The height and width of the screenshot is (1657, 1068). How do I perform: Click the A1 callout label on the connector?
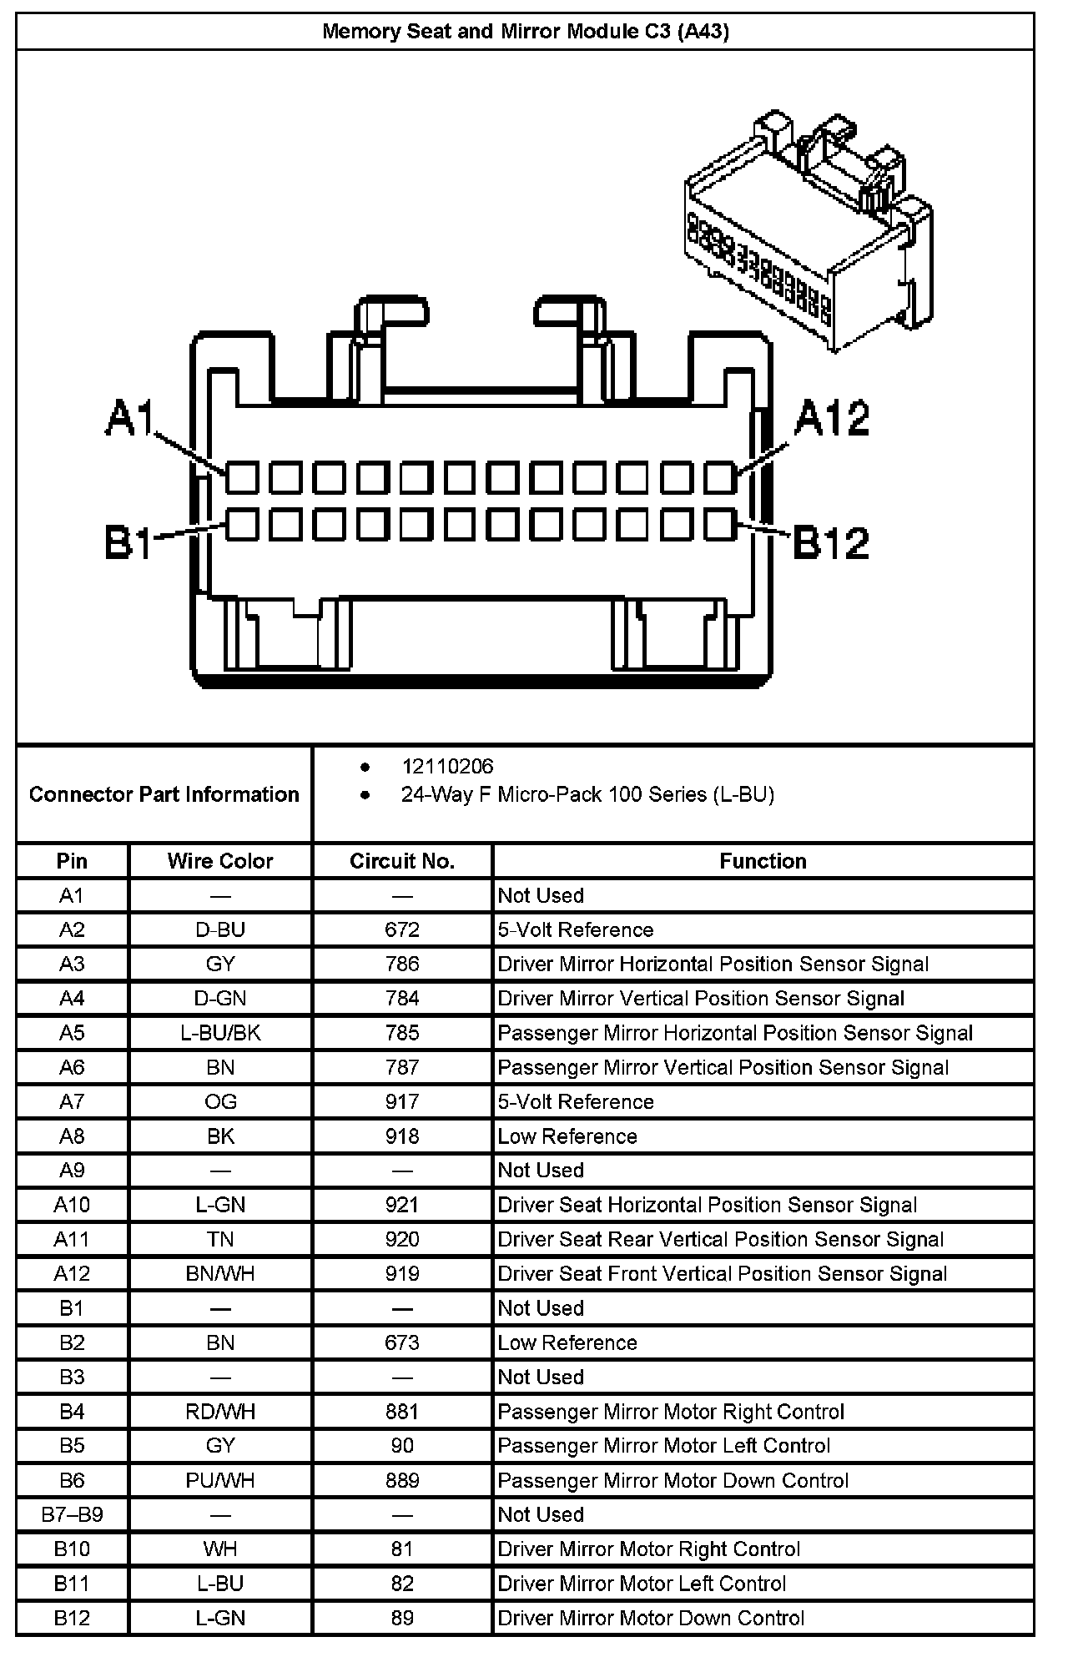[x=130, y=418]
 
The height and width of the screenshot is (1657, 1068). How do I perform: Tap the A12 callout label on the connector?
[x=832, y=418]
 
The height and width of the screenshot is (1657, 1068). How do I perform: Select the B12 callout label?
[x=830, y=542]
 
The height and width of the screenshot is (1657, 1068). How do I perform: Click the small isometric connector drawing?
[x=808, y=230]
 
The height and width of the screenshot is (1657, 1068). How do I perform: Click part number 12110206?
[x=447, y=766]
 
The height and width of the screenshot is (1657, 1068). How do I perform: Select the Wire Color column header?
[x=220, y=861]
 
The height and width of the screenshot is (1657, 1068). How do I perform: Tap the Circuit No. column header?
[x=402, y=861]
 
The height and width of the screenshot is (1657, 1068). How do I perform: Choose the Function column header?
[x=763, y=861]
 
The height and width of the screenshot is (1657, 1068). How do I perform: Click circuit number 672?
[x=402, y=929]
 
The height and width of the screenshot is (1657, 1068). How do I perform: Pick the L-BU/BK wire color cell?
[x=220, y=1033]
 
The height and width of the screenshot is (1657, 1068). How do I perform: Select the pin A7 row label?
[x=72, y=1101]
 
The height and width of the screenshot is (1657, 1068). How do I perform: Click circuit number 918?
[x=402, y=1136]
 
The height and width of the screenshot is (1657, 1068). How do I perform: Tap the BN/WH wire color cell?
[x=220, y=1273]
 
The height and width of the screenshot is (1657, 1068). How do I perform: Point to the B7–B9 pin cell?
[x=72, y=1514]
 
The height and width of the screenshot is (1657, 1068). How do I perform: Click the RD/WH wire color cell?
[x=220, y=1412]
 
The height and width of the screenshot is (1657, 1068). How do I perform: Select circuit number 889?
[x=402, y=1480]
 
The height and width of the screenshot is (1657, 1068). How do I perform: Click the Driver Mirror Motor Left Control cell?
[x=642, y=1584]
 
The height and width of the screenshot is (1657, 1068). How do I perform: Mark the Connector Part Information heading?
[x=164, y=794]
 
